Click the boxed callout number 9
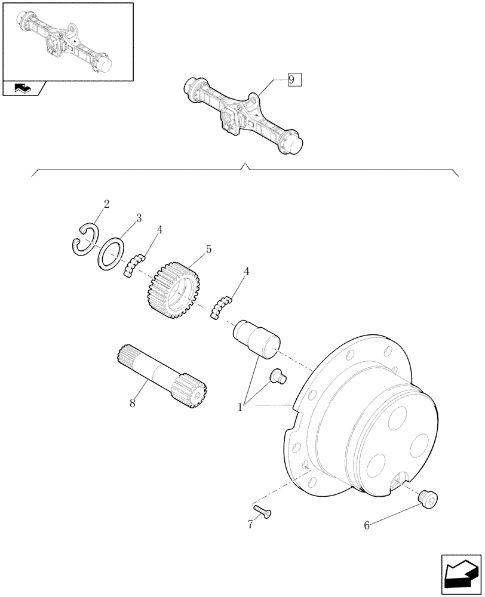coord(294,80)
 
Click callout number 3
coord(138,218)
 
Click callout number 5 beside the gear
coord(208,250)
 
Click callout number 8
coord(133,404)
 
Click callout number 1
coord(241,407)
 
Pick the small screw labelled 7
coord(262,509)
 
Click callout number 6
coord(366,525)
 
